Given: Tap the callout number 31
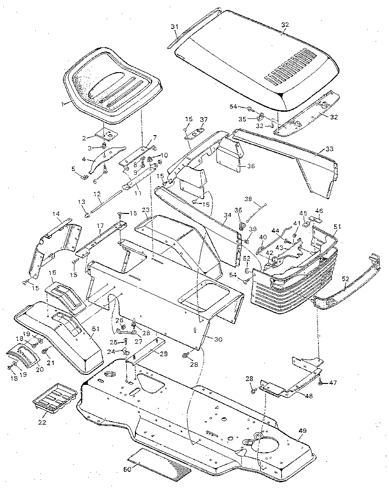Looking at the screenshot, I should point(174,27).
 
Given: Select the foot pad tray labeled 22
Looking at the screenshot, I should point(54,396).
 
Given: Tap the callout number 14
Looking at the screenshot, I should point(56,214).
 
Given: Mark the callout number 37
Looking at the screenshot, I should point(204,119).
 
